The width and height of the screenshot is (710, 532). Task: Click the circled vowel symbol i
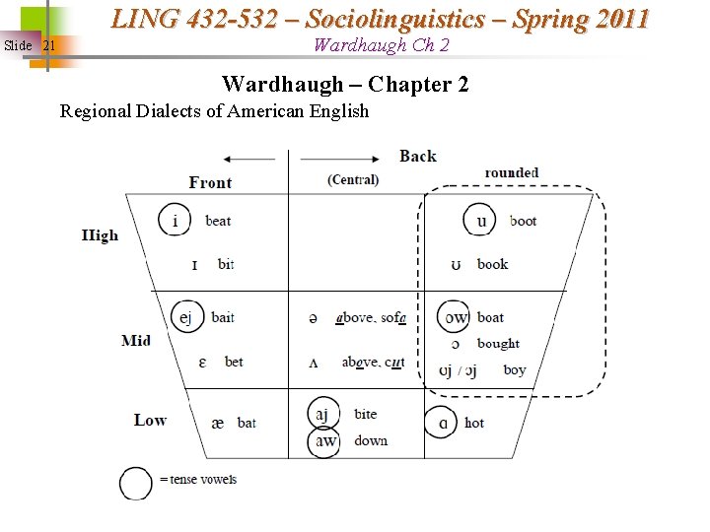coord(176,220)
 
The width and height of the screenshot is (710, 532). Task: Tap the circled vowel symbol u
coord(481,220)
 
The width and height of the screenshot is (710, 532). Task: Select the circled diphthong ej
coord(186,316)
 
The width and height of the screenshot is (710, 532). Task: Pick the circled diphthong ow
coord(456,317)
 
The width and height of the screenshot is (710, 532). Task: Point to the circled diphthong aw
coord(325,440)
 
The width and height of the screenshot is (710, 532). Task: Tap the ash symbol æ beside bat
coord(217,423)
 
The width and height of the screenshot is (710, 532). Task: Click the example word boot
coord(523,221)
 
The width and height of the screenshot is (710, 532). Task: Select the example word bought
coord(498,344)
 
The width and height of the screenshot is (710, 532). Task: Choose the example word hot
coord(474,423)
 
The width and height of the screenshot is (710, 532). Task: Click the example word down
coord(371,440)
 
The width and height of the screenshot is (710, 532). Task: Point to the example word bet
coord(234,362)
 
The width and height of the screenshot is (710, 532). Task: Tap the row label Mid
coord(136,340)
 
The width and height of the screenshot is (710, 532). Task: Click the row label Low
coord(150,420)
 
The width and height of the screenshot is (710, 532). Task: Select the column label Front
coord(210,182)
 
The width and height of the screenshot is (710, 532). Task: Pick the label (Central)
coord(353,179)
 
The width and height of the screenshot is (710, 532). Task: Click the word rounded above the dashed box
coord(511,172)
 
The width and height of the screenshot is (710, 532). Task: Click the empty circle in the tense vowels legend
coord(136,482)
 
